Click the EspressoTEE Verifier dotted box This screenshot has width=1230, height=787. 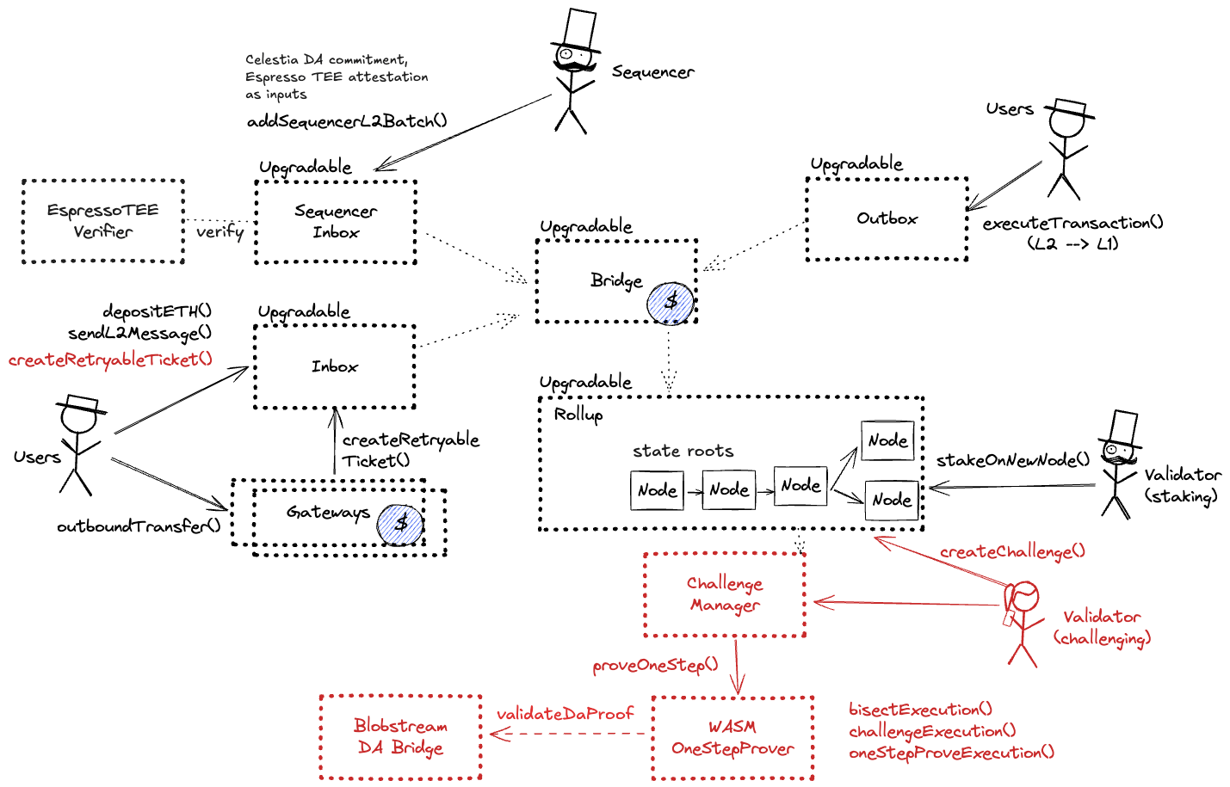point(102,221)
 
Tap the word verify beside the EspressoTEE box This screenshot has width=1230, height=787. point(219,231)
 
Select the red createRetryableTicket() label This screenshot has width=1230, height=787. point(110,360)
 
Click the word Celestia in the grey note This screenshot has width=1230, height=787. point(271,59)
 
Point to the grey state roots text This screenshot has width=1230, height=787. point(683,451)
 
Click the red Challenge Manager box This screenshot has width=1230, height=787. point(725,594)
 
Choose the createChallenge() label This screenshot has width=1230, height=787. point(1012,551)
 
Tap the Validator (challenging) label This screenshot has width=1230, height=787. point(1102,627)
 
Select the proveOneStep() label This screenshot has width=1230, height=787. point(655,665)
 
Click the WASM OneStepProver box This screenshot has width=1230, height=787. point(732,738)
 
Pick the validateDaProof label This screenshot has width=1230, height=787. point(565,714)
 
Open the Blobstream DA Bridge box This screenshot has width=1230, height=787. point(400,737)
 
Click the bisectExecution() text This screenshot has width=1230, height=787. point(920,710)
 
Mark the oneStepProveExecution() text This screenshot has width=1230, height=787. point(951,753)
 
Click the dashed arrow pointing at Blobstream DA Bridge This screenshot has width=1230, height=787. point(568,734)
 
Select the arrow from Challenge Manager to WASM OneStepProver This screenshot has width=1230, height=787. point(737,667)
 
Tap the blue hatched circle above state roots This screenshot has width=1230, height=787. point(671,304)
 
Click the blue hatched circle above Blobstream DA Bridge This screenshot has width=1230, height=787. point(400,525)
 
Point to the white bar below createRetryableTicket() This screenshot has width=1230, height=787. point(83,402)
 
